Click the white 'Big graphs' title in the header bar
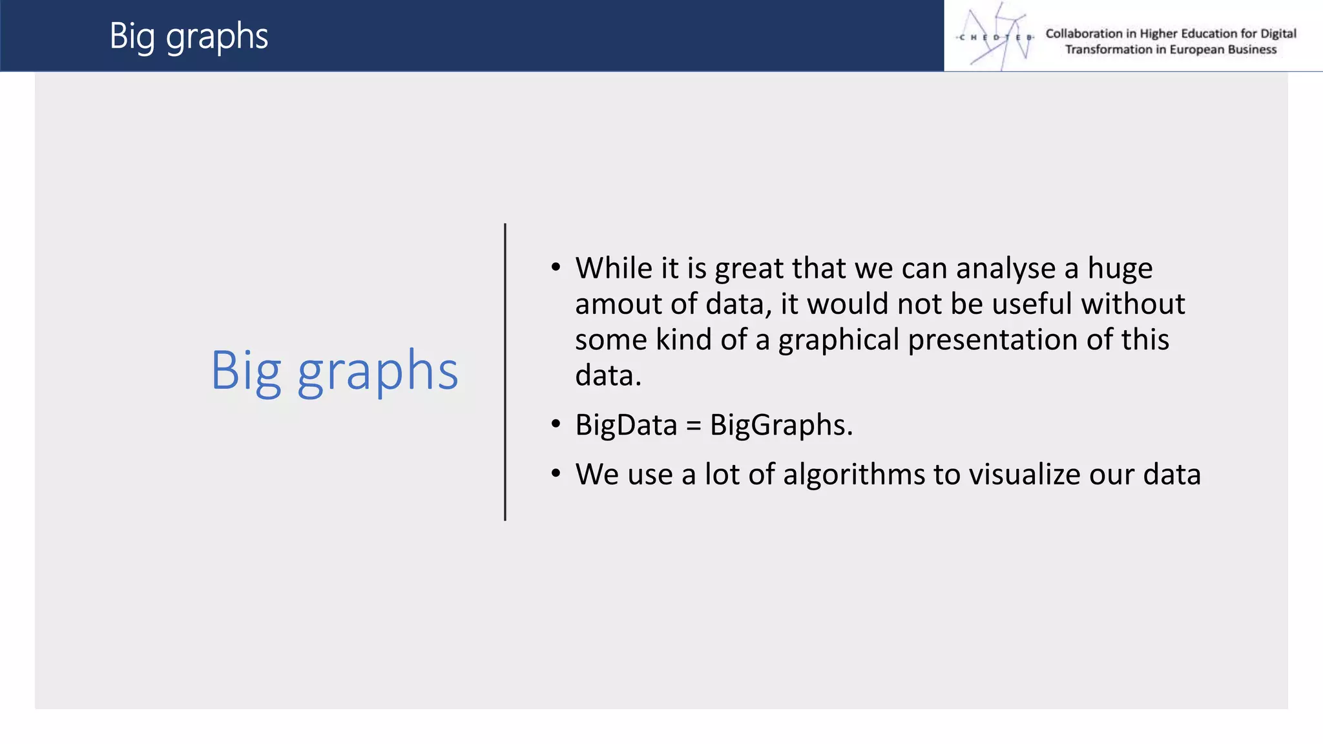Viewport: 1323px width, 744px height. (188, 36)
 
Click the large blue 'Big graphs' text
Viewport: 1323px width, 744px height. (334, 371)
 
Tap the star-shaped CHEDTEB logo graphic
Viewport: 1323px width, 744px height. (995, 37)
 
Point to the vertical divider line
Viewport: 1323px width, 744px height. (505, 372)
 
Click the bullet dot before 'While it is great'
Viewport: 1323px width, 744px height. (556, 267)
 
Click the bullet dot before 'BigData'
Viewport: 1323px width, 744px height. (556, 424)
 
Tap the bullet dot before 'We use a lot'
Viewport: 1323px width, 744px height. (556, 473)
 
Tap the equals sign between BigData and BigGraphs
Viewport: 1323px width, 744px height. (693, 426)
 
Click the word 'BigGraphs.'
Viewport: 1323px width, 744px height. (781, 426)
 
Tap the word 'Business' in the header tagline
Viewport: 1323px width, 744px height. (1252, 50)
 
